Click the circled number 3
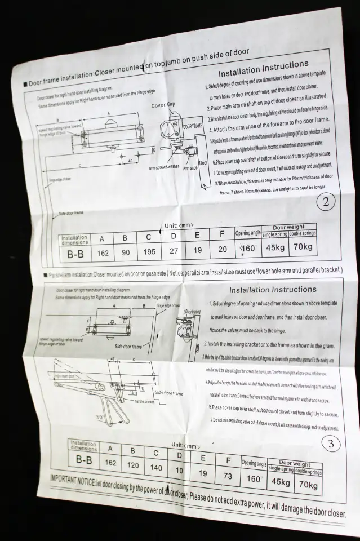(331, 444)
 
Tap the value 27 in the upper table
(174, 250)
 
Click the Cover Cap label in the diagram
(163, 105)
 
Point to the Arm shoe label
(190, 167)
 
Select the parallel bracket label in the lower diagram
(145, 402)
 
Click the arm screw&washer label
(165, 168)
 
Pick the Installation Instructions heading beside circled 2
(263, 70)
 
